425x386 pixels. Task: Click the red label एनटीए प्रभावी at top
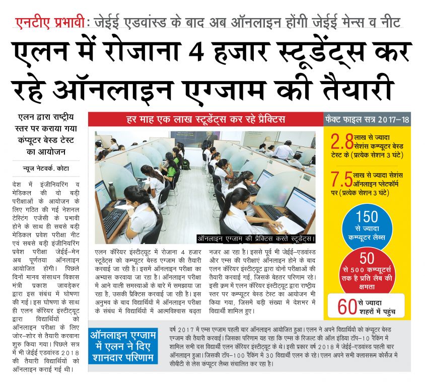tap(48, 23)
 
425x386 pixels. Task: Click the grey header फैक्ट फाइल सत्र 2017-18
tap(368, 120)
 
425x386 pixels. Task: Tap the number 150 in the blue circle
tap(367, 217)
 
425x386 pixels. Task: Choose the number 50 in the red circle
tap(367, 258)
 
